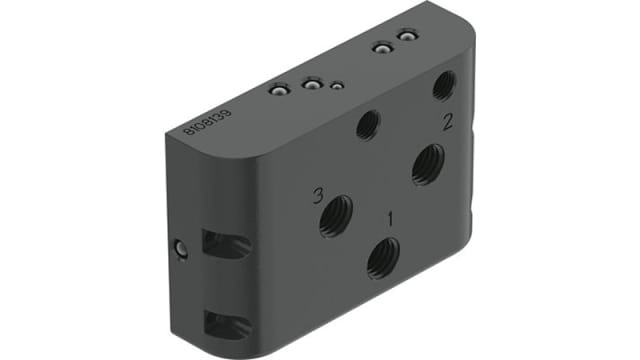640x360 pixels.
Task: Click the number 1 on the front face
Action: click(x=391, y=215)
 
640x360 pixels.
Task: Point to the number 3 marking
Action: click(x=317, y=195)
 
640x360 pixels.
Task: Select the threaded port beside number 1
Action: click(x=383, y=258)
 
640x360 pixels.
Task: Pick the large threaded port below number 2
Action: click(x=428, y=162)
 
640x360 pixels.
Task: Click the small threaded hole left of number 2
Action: click(x=368, y=125)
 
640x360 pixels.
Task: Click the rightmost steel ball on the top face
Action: click(x=406, y=37)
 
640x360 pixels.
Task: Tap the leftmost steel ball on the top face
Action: click(x=279, y=91)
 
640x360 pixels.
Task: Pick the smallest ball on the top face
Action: click(x=338, y=87)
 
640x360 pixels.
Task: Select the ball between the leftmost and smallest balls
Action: click(x=312, y=86)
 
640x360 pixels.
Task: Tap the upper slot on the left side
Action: click(x=224, y=244)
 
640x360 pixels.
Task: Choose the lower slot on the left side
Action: click(x=224, y=323)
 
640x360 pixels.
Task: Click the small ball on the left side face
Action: click(x=180, y=248)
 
